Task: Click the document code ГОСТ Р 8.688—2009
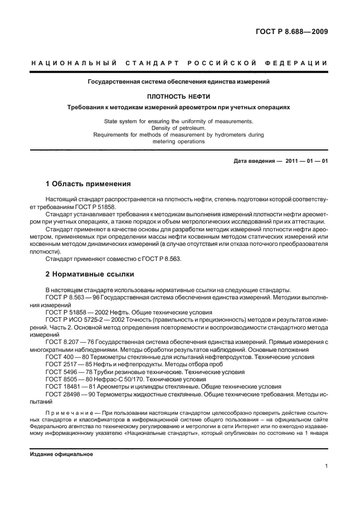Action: point(292,32)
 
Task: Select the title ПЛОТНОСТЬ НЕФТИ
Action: point(178,96)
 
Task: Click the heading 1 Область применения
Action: point(87,183)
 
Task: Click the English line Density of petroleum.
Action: point(178,128)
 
